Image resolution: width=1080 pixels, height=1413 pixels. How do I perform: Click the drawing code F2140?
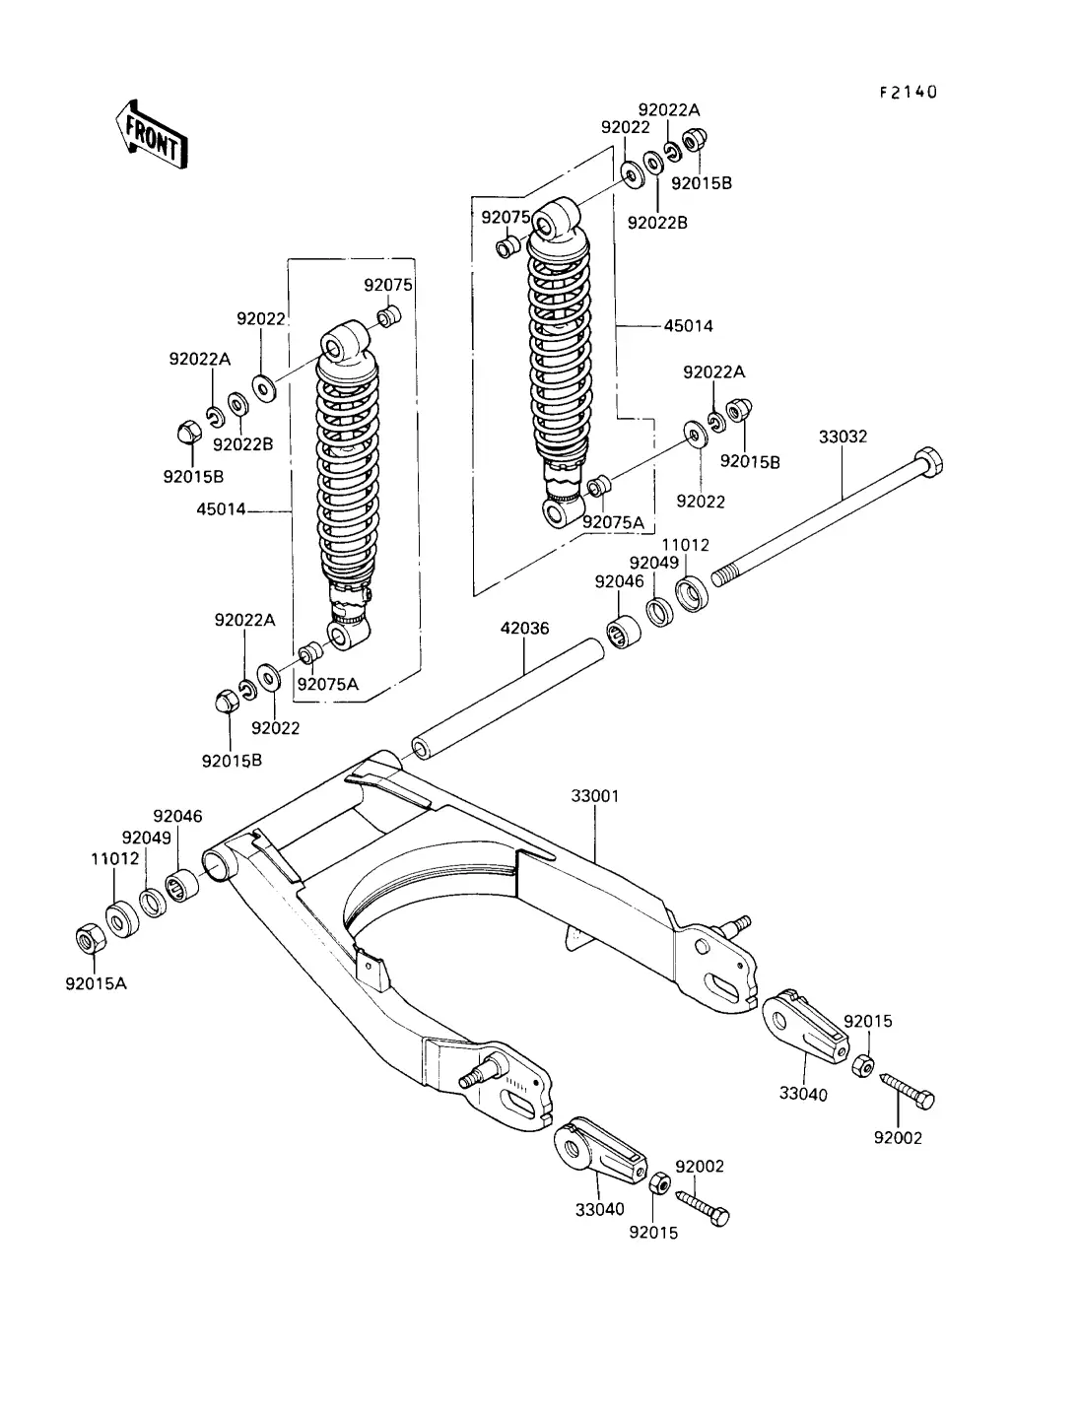(908, 93)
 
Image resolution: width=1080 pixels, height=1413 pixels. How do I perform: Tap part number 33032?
(843, 436)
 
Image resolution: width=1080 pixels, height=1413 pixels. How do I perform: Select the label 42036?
(524, 628)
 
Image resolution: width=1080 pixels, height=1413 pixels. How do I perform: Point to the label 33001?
(595, 795)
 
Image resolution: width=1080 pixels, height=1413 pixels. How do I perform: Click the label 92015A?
(98, 982)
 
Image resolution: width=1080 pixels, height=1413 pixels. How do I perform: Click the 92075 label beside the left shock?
(388, 285)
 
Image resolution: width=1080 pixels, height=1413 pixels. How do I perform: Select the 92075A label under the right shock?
(612, 522)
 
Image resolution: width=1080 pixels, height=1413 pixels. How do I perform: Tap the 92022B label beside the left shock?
(242, 443)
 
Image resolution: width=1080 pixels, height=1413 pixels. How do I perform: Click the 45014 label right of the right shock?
(689, 325)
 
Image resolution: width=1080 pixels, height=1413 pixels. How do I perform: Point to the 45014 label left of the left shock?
(221, 509)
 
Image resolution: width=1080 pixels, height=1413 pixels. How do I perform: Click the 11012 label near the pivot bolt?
(685, 545)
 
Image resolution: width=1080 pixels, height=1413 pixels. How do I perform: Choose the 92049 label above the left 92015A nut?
(147, 838)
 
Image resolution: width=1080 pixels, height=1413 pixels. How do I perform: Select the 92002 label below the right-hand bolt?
(898, 1138)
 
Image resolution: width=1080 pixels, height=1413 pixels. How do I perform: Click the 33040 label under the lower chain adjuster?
(600, 1209)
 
